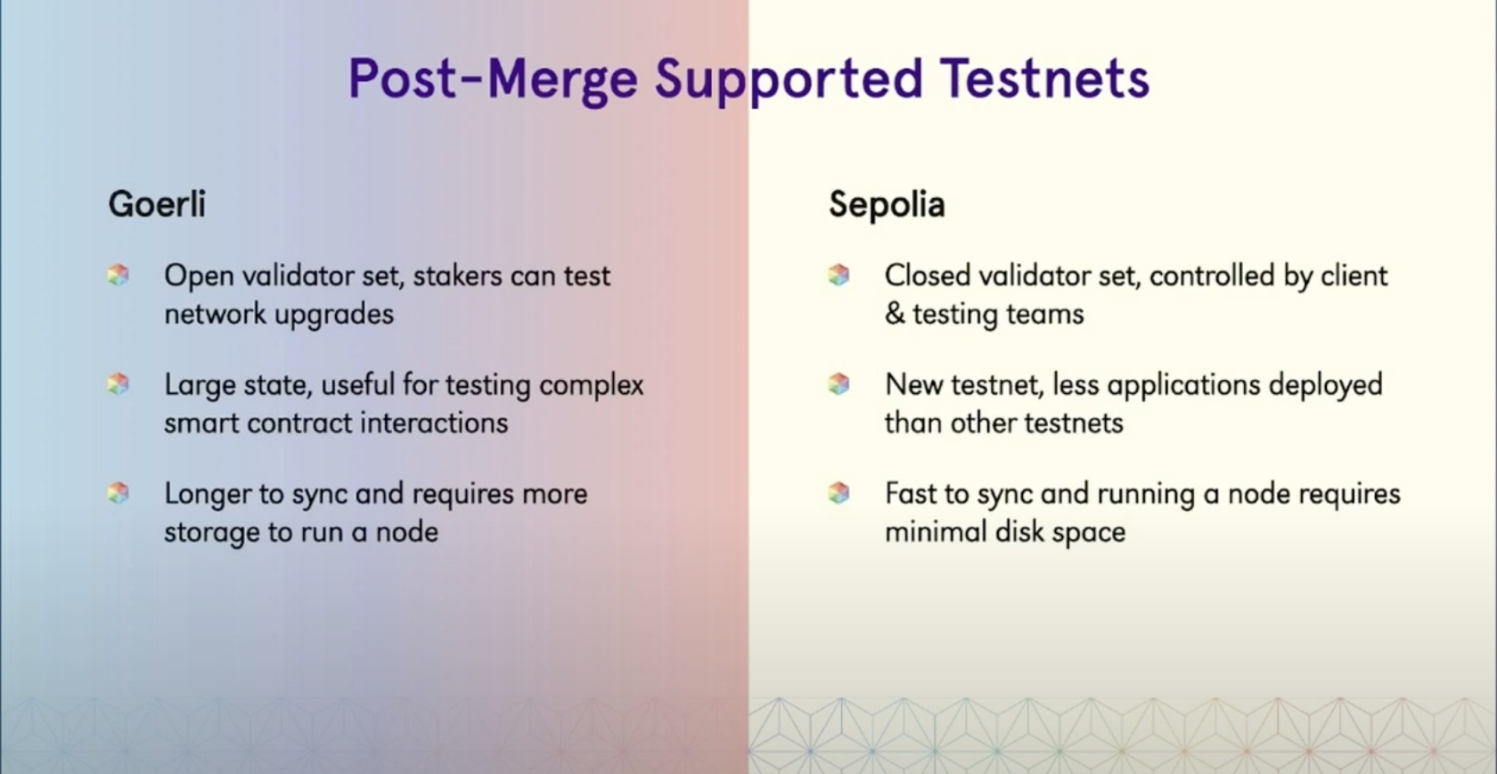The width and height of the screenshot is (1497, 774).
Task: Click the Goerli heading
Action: coord(157,203)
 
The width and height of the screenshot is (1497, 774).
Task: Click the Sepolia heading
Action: coord(887,204)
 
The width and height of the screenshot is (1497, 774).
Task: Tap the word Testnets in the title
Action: coord(1044,78)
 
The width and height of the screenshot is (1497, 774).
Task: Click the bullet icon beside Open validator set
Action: coord(119,275)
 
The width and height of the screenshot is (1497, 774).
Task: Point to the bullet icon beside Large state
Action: coord(119,384)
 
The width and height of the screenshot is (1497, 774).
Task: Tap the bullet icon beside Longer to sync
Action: coord(119,493)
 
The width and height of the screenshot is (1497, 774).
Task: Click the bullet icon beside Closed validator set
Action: coord(838,275)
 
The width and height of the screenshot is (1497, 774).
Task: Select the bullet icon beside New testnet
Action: coord(838,384)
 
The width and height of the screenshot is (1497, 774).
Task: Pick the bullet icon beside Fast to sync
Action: coord(838,493)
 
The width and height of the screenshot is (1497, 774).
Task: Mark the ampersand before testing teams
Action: coord(895,314)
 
